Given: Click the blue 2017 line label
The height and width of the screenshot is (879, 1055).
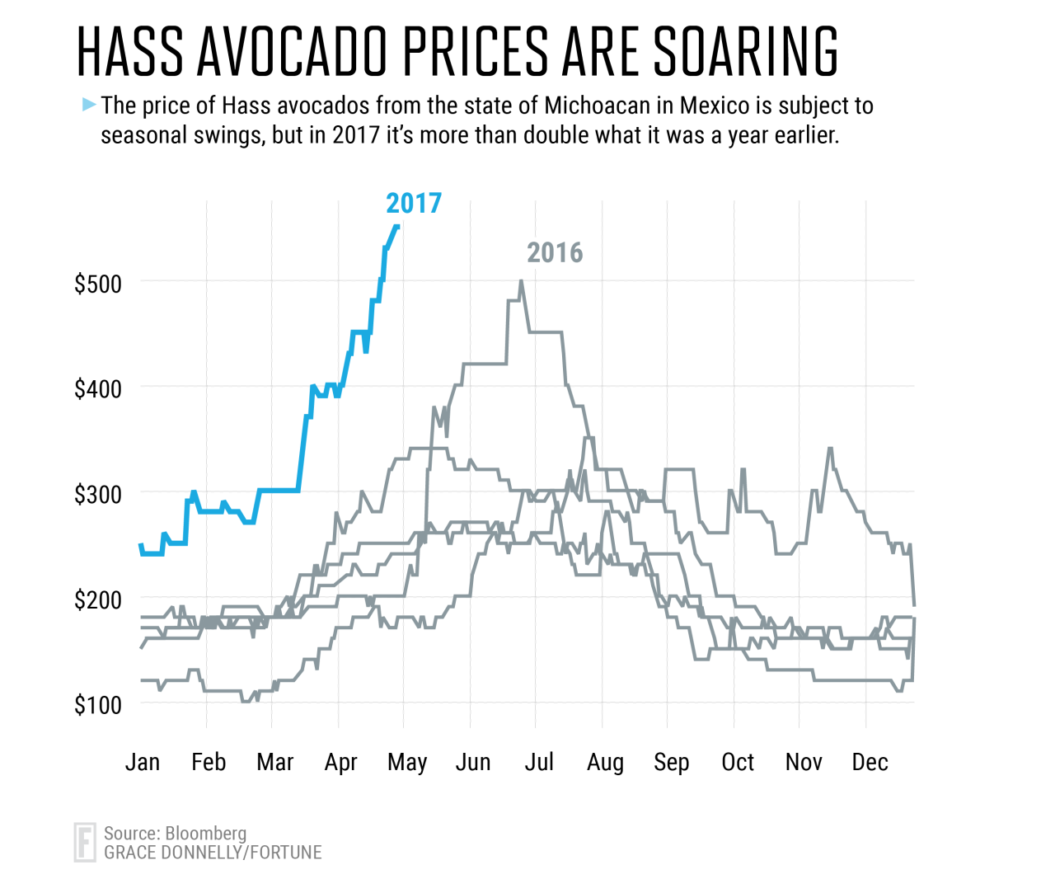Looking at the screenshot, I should (414, 203).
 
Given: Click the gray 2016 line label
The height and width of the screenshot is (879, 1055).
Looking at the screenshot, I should (555, 252).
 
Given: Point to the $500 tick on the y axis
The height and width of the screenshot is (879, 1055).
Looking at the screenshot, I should (98, 284).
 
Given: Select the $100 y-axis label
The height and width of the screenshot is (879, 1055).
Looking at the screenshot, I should (98, 705).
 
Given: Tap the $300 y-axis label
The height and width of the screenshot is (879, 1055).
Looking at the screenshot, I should (98, 494).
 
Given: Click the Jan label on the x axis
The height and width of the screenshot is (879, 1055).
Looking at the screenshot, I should (143, 762).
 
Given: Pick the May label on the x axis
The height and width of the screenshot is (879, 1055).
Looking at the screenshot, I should (407, 762).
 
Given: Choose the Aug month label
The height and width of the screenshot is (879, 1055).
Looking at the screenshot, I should (605, 762).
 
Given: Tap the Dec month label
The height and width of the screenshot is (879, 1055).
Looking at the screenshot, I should (870, 762).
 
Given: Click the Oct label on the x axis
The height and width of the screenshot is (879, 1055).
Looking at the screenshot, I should (738, 762).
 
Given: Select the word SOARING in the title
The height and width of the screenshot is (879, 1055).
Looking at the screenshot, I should (746, 51).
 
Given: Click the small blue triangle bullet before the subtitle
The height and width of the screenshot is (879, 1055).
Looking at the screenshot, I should (89, 105).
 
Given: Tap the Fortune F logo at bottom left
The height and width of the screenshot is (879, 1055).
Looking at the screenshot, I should (85, 842).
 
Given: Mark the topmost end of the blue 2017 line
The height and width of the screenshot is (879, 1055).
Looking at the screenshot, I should (397, 226).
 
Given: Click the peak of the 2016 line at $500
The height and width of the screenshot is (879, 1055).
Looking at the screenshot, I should (521, 281).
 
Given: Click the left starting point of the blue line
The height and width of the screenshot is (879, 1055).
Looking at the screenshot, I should (140, 544).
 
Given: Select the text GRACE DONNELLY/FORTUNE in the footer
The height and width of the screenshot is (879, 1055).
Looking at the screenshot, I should (213, 853).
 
